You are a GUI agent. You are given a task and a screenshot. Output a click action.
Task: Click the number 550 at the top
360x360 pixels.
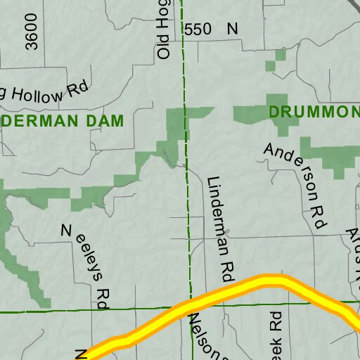coord(196,30)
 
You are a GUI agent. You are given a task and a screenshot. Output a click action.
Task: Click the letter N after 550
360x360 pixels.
coord(232,30)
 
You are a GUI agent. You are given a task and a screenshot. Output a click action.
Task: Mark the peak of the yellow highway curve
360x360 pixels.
coord(271,282)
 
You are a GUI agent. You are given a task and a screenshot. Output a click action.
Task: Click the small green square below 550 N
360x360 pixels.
coord(270,65)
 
